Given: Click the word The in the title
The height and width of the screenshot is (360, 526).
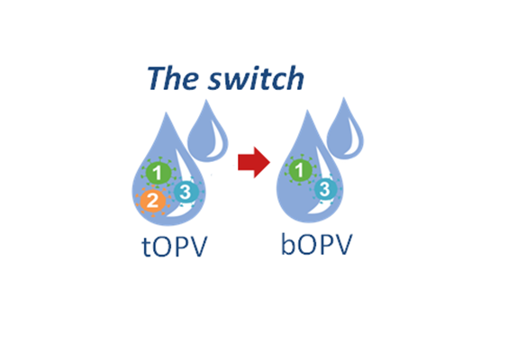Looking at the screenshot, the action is coord(172,77).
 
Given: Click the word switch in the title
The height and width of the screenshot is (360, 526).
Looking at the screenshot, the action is coord(257,77).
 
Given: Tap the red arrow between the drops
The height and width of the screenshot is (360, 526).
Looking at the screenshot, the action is coord(254,162).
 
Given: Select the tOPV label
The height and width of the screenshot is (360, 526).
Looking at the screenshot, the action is coord(175,247).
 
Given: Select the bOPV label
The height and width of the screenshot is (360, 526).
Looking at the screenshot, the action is coord(317,245).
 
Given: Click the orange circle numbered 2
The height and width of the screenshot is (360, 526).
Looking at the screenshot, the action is coord(152,201).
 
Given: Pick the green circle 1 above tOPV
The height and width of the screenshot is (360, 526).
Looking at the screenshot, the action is coord(159,173).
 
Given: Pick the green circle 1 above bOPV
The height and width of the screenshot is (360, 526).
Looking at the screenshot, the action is coord(300,170).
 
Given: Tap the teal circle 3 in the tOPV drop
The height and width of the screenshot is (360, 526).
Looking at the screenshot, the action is coord(186,192).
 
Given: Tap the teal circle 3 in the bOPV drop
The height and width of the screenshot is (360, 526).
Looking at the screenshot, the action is coord(325,189).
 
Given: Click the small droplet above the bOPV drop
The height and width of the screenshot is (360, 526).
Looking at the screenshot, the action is coord(345,131).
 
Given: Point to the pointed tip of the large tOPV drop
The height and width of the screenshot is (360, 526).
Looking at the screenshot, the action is coord(166,112).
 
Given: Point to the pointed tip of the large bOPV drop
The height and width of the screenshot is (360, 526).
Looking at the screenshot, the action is coord(307,111).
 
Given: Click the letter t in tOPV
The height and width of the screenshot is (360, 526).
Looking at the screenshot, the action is coord(146,247).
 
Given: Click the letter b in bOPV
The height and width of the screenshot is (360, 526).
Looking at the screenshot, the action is coord(288,244).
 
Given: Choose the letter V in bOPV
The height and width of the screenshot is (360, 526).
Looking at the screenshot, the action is coord(343,245).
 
